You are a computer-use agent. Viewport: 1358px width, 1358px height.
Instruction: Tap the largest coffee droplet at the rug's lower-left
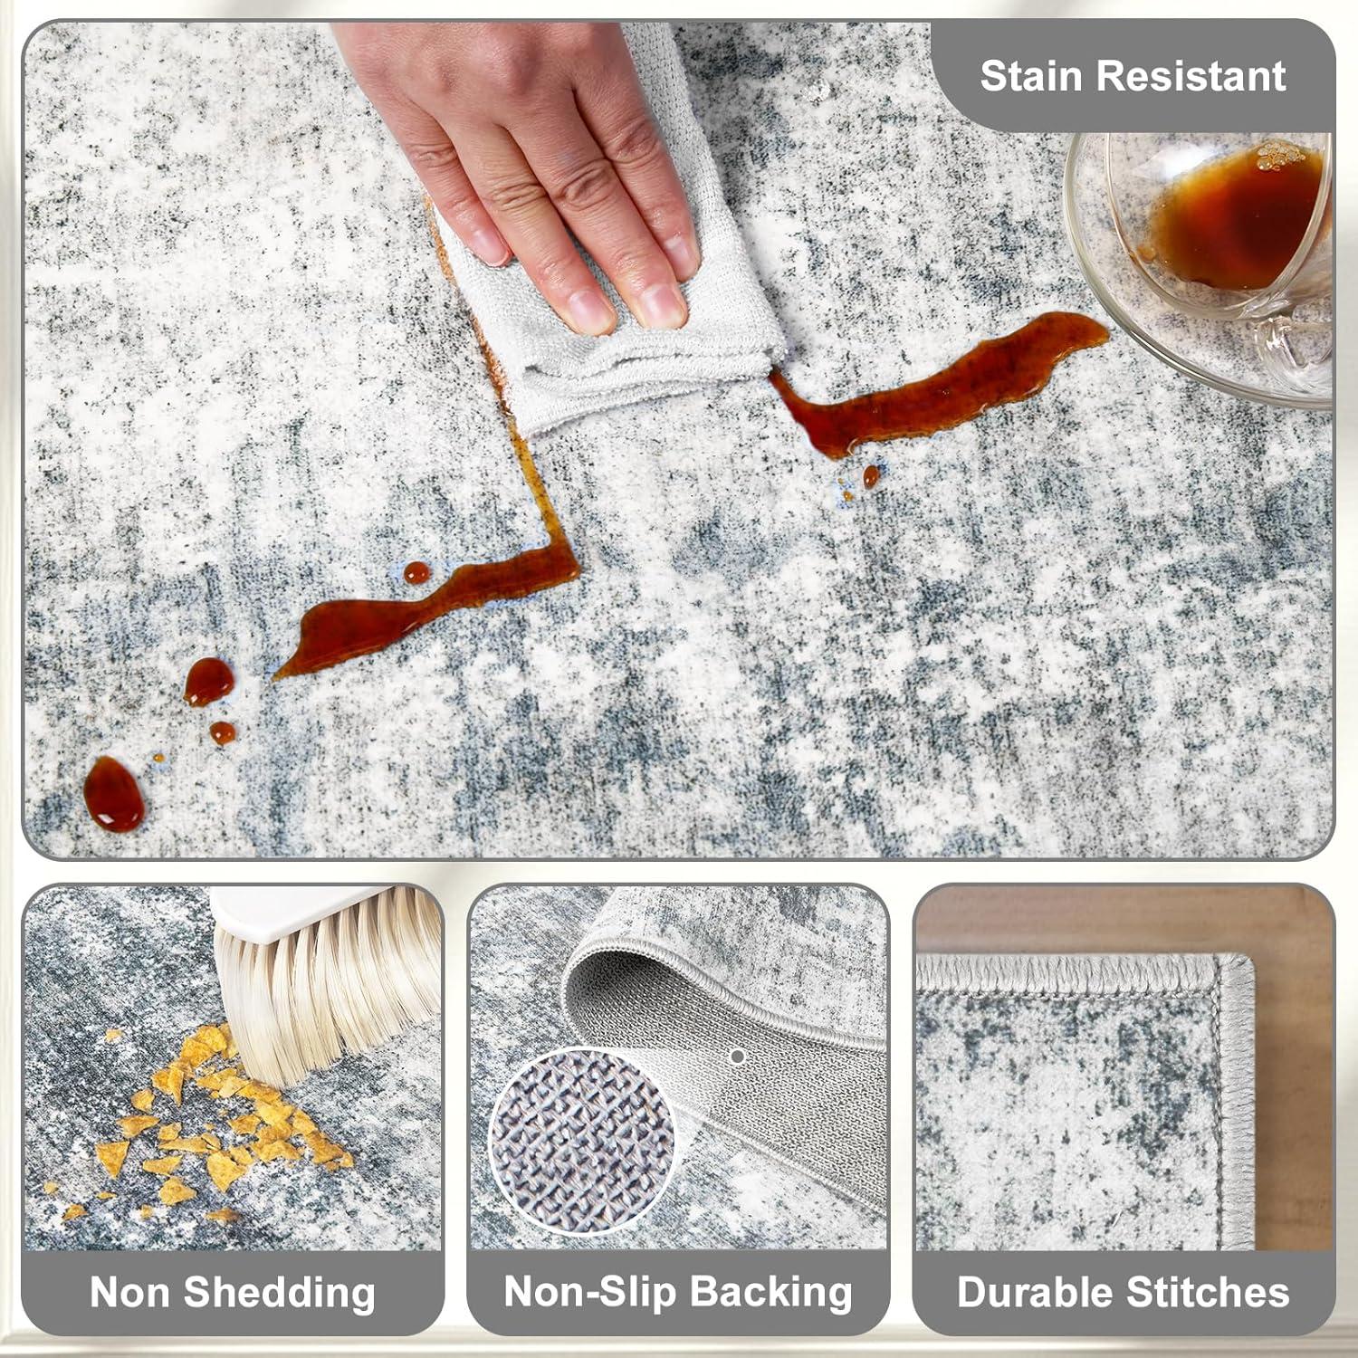[x=114, y=795]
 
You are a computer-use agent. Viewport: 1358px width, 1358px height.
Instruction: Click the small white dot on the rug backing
[x=737, y=1057]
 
